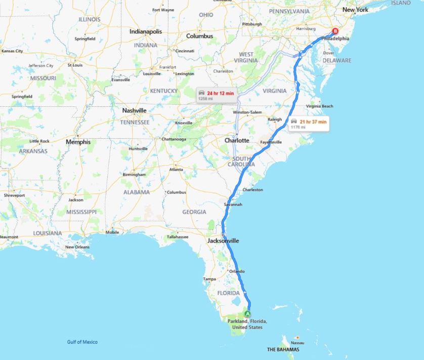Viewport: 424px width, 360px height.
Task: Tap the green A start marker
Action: coord(247,314)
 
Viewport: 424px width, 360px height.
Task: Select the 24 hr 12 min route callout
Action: coord(216,95)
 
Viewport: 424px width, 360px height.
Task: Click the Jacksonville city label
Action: coord(223,241)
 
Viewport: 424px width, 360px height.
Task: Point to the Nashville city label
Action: coord(134,110)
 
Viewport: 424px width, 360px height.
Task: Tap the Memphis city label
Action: coord(78,142)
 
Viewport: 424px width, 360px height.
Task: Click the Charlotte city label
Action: coord(237,140)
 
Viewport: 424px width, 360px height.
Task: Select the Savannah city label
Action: coord(233,205)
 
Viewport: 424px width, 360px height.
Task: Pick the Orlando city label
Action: coord(237,271)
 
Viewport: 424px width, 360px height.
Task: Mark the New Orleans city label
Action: coord(77,247)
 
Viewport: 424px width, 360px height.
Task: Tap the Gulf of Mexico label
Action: coord(82,342)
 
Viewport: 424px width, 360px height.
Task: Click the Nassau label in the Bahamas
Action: coord(298,343)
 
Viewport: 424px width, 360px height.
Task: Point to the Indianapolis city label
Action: coord(146,31)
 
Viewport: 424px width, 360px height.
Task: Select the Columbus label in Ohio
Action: coord(199,36)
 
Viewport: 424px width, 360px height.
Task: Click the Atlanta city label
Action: coord(177,170)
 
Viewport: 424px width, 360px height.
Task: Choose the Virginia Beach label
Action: coord(319,106)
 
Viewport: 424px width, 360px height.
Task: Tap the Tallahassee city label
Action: coord(178,236)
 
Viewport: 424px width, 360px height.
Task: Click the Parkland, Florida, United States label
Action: coord(247,325)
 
